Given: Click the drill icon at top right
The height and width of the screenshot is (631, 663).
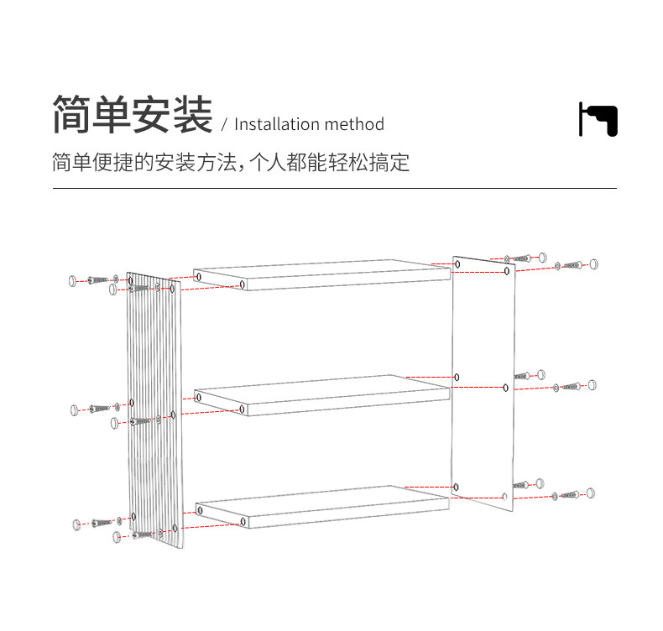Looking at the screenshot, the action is pos(598,119).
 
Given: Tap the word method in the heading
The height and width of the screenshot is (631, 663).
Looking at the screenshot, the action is pos(354,125).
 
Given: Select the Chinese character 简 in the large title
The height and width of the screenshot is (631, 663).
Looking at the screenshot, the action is pos(72,115).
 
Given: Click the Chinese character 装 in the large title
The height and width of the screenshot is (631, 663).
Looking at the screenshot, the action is pos(193,115).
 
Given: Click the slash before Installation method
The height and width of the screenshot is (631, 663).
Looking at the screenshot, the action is pos(224,126).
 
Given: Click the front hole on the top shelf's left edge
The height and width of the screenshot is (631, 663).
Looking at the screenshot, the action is pos(243,285).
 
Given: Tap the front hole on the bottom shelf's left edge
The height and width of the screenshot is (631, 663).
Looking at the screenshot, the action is pos(243,522).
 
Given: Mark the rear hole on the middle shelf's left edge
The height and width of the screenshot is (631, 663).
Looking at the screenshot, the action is pos(198,397).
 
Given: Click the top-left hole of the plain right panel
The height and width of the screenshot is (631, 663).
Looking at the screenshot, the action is pos(457,264).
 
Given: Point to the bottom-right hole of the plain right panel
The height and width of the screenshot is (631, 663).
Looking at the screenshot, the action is pos(504,496).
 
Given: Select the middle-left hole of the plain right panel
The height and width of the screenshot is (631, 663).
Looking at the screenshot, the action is pos(457,378).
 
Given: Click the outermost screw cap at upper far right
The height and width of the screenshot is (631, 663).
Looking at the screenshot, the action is pos(594,263).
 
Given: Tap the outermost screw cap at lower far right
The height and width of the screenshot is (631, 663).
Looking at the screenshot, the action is pos(591,492).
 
